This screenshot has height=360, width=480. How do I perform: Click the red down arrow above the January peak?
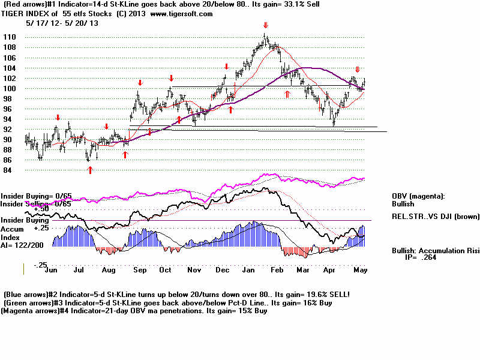[x=265, y=25]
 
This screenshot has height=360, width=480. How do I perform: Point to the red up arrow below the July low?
[x=90, y=170]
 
